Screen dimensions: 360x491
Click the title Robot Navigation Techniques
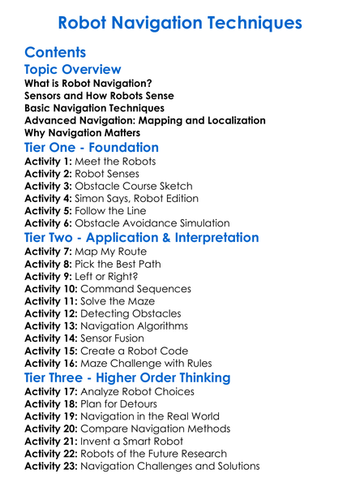(x=180, y=21)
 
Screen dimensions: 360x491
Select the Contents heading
(x=56, y=53)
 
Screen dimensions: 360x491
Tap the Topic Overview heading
(x=73, y=70)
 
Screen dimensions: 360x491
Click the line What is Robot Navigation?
(x=88, y=84)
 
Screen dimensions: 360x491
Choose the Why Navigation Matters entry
(x=82, y=132)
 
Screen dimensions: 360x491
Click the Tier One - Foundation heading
(x=92, y=149)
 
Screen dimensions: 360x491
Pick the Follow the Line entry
(x=104, y=210)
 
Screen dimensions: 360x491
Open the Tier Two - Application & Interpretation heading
(x=142, y=238)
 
